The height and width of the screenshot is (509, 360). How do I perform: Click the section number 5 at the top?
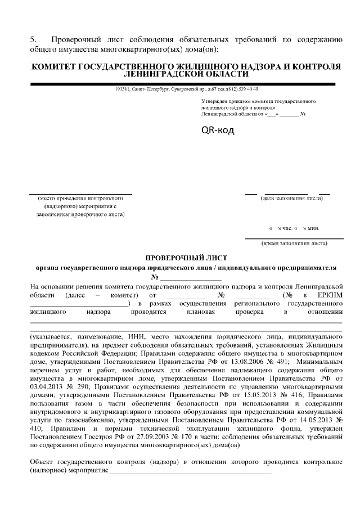pyautogui.click(x=33, y=39)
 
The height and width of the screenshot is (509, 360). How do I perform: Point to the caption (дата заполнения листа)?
pyautogui.click(x=291, y=199)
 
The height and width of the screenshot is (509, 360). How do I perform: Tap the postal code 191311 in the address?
pyautogui.click(x=121, y=89)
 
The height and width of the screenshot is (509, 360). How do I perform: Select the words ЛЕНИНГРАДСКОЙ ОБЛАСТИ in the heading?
pyautogui.click(x=186, y=74)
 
